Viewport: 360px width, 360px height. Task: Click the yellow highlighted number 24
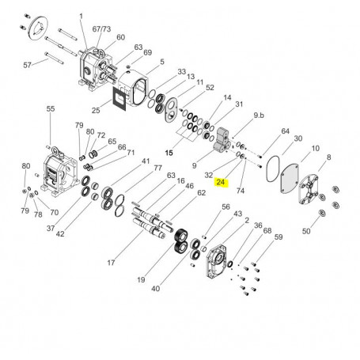click(221, 182)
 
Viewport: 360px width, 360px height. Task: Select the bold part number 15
click(169, 153)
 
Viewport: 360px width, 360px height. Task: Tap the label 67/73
click(101, 29)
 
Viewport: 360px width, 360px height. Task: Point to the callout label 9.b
click(259, 116)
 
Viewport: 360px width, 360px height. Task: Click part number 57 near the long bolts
click(27, 65)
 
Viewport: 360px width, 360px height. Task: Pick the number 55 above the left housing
click(51, 108)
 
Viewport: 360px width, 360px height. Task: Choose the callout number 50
click(306, 231)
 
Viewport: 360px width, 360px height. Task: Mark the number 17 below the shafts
click(111, 263)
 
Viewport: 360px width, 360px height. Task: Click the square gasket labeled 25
click(119, 98)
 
